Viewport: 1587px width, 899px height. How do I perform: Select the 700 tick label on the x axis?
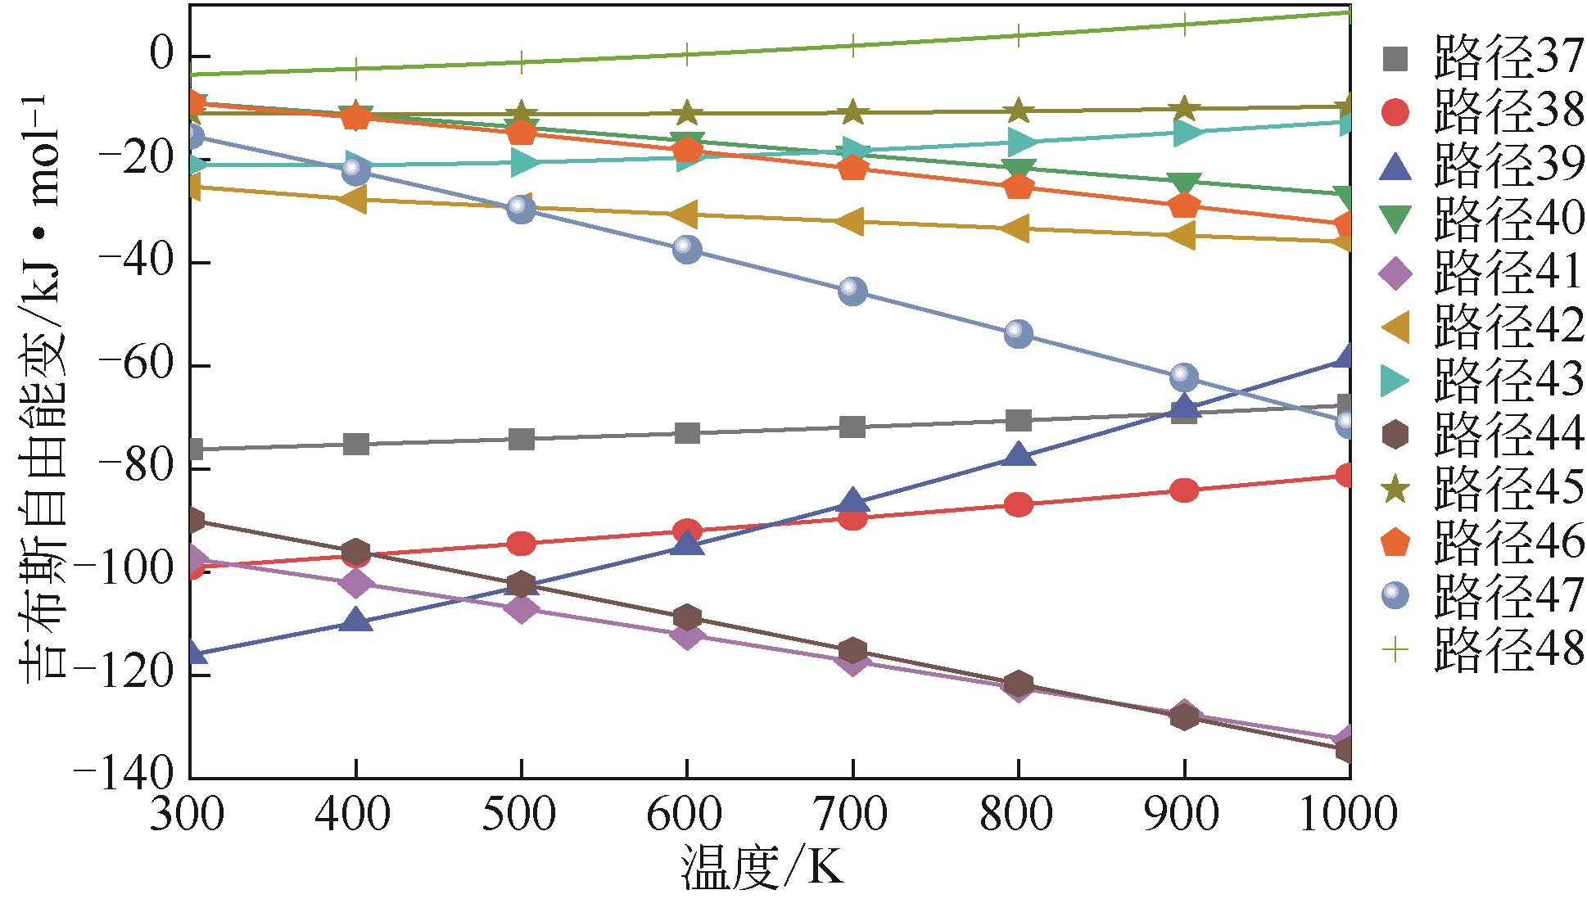point(852,815)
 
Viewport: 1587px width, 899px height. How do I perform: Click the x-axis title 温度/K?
point(762,870)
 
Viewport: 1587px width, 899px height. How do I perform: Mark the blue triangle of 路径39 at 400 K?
point(355,621)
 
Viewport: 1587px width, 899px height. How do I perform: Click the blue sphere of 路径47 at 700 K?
point(852,291)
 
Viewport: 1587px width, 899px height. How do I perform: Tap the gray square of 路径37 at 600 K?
point(687,432)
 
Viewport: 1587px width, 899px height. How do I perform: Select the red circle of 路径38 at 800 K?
point(1018,504)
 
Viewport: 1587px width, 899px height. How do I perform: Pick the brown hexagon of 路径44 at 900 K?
point(1183,716)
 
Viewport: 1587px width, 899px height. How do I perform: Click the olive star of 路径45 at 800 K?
point(1018,111)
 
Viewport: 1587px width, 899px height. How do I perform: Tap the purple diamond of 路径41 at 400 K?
point(355,583)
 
